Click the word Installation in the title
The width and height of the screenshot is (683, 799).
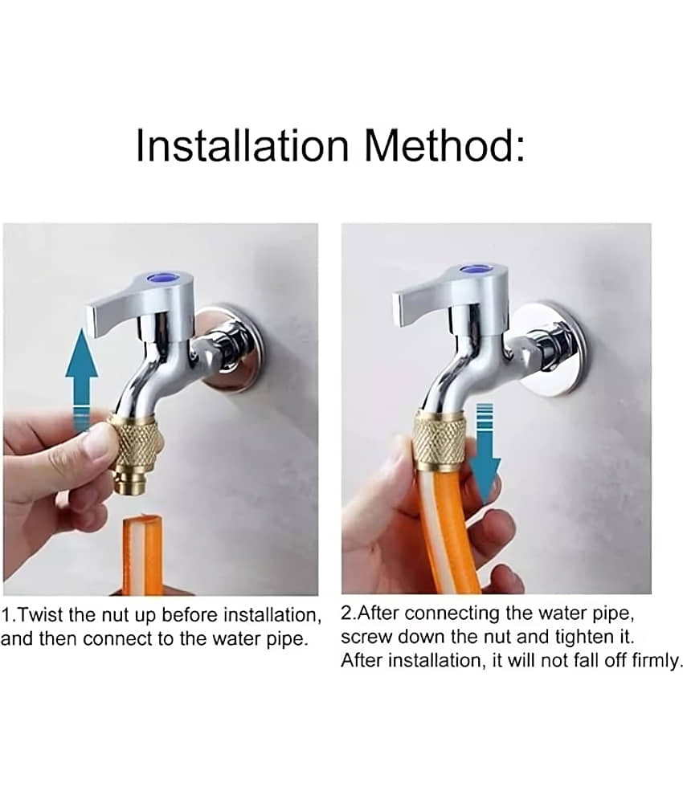[243, 145]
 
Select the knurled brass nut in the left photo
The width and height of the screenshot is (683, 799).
[137, 439]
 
